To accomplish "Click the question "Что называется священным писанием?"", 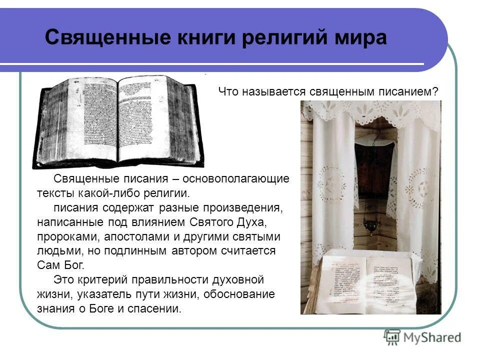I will click(x=328, y=92).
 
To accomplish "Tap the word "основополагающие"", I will click(x=235, y=179).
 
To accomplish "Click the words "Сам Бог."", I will click(x=61, y=264).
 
